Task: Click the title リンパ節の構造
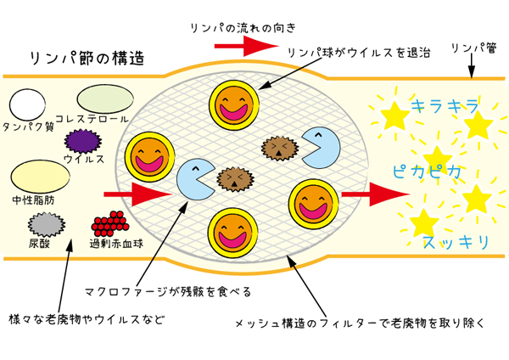click(87, 59)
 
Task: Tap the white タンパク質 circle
click(27, 104)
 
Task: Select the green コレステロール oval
click(105, 99)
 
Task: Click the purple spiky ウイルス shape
click(83, 141)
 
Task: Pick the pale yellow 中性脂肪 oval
click(40, 177)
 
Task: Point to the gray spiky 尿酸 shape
click(47, 224)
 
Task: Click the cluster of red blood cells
click(110, 224)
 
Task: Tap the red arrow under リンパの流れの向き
click(246, 46)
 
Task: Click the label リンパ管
click(474, 48)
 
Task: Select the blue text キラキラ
click(445, 106)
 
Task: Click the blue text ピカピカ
click(428, 172)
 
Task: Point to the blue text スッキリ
click(456, 242)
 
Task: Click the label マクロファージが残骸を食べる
click(168, 291)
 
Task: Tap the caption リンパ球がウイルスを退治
click(359, 53)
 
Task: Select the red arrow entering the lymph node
click(137, 194)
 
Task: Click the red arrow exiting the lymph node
click(375, 194)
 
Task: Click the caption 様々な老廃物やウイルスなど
click(87, 320)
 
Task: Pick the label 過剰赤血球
click(116, 244)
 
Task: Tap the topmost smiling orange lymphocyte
click(234, 105)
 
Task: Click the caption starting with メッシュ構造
click(360, 323)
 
